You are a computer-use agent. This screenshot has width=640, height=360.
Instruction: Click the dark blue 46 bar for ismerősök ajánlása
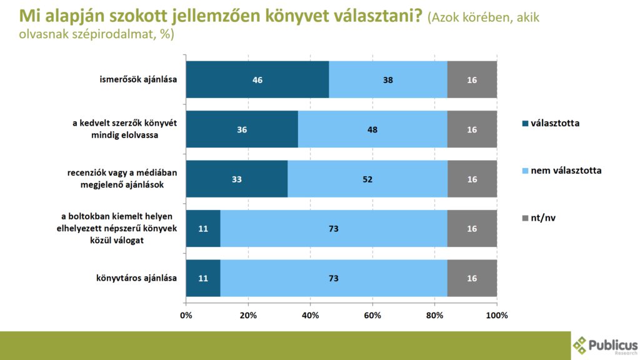[x=257, y=79]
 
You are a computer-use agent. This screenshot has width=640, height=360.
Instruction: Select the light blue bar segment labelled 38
[x=388, y=79]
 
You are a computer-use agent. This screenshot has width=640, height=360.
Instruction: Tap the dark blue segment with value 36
[x=242, y=129]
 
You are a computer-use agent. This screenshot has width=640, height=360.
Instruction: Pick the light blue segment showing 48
[x=372, y=129]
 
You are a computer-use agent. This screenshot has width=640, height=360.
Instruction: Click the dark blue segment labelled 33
[x=237, y=179]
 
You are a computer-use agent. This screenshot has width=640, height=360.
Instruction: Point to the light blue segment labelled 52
[x=367, y=179]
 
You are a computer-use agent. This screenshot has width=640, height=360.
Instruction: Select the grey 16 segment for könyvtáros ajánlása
[x=472, y=278]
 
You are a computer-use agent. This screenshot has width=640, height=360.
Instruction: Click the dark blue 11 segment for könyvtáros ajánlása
[x=203, y=278]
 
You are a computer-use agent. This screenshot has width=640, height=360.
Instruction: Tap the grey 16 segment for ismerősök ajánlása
[x=472, y=79]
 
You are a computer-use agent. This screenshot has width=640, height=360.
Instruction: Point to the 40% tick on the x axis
[x=310, y=315]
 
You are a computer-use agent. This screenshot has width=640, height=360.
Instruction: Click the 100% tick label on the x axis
[x=497, y=315]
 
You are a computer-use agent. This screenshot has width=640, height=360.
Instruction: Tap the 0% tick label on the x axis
[x=186, y=315]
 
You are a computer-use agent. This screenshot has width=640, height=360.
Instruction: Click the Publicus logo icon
[x=581, y=344]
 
